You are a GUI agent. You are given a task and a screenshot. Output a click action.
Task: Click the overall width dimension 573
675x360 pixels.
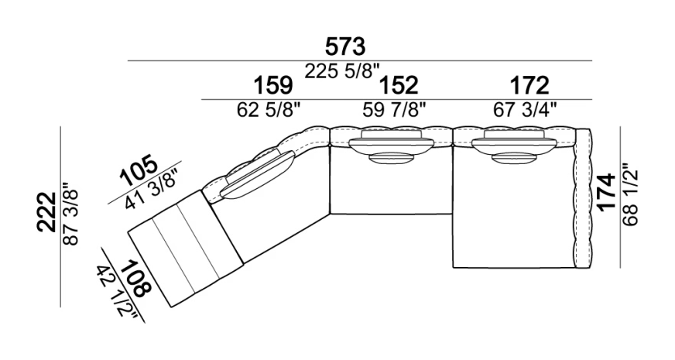click(345, 46)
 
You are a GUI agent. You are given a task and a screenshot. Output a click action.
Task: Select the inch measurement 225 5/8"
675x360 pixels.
click(343, 71)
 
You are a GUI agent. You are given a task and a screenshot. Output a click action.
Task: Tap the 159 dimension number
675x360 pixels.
click(273, 85)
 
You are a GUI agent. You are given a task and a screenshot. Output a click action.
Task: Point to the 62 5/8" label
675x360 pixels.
click(268, 110)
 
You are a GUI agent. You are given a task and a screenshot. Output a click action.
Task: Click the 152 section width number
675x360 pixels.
click(398, 85)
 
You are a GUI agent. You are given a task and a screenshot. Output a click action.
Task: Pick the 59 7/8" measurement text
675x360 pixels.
click(394, 110)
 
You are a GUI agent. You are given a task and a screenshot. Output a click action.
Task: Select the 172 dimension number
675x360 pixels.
click(529, 85)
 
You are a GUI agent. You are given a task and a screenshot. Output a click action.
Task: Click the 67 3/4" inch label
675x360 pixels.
click(525, 110)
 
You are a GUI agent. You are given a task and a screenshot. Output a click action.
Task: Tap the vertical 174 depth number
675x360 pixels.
click(607, 193)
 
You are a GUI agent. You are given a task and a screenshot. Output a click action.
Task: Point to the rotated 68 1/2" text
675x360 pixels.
click(630, 194)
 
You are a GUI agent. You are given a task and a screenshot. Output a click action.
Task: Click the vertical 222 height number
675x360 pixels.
click(46, 212)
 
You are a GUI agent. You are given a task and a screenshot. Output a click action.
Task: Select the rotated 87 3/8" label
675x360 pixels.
click(71, 214)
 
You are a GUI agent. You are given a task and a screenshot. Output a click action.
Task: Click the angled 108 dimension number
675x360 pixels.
click(136, 278)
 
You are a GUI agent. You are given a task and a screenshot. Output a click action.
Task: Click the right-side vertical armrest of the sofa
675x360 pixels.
click(584, 198)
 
